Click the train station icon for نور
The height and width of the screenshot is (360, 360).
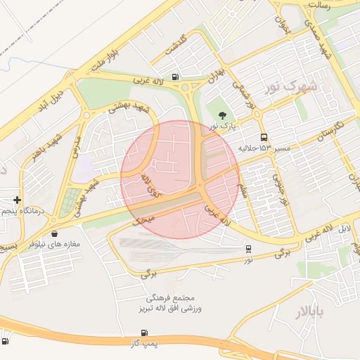coord(248,249)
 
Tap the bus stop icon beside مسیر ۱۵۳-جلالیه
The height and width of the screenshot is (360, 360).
coord(264,137)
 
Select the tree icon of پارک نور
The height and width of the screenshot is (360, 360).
coord(222,115)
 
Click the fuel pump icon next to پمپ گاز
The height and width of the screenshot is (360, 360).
coord(144,333)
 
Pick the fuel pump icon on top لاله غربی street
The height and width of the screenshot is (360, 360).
coord(174,78)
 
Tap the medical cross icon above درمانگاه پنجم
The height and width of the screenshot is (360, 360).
coord(17,200)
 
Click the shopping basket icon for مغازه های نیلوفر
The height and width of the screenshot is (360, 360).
coord(54,233)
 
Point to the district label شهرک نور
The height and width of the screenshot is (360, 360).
coord(291,86)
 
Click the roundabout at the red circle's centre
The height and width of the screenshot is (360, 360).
coord(200,185)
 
